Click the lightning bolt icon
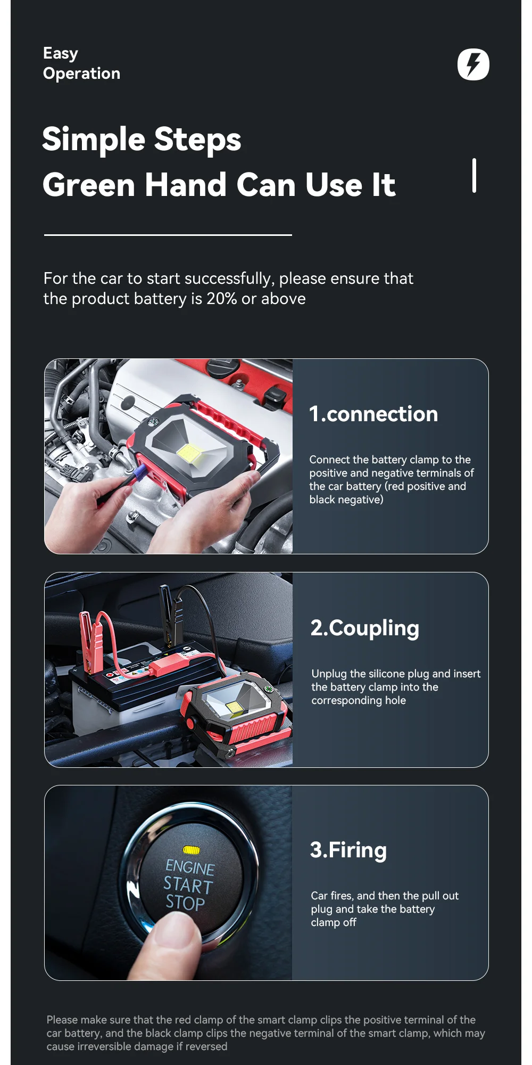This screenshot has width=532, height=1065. (473, 64)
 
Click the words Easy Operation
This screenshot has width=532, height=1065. (81, 63)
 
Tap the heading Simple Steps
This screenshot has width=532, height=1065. (142, 140)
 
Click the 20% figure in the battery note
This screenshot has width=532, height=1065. (222, 299)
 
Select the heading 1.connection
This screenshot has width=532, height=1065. (373, 414)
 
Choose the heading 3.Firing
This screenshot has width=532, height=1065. (348, 850)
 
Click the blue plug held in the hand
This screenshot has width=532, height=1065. (139, 471)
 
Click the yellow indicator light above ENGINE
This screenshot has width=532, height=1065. (192, 850)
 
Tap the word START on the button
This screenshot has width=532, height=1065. (188, 886)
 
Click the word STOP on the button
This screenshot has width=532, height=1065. (185, 903)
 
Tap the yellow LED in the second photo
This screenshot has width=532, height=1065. (233, 707)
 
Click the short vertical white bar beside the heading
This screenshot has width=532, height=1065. (474, 175)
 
